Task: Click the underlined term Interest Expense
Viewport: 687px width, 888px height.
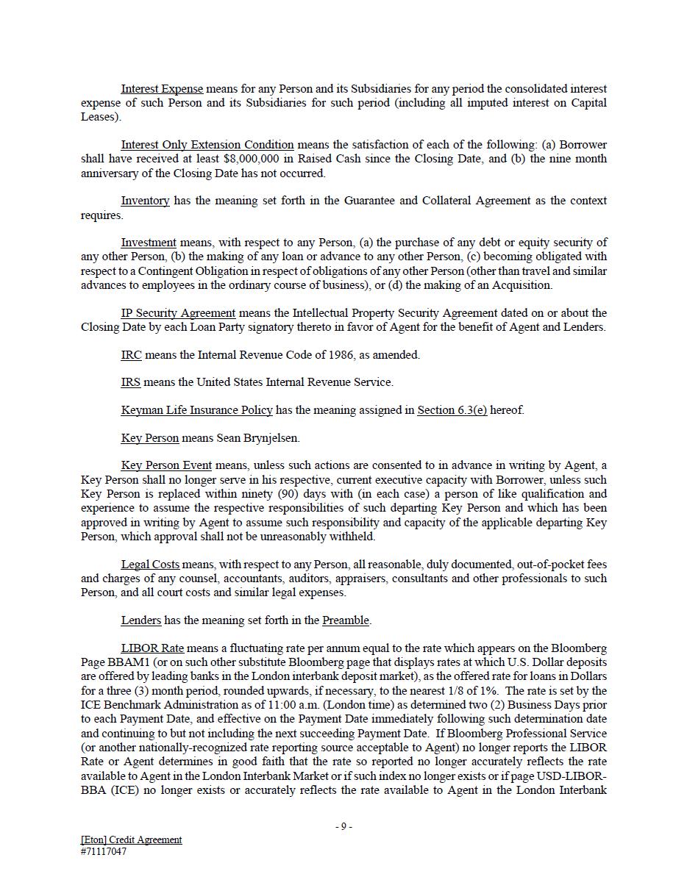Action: click(x=162, y=89)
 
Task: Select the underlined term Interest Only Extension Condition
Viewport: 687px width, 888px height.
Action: click(x=207, y=145)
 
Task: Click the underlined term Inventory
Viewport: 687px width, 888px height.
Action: click(x=145, y=201)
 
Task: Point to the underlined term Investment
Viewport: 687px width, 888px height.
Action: click(x=149, y=243)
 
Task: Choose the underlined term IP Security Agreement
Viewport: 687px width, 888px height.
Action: click(x=178, y=313)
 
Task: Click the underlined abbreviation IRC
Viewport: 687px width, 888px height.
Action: click(x=131, y=355)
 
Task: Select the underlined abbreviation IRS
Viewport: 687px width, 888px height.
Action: click(x=131, y=382)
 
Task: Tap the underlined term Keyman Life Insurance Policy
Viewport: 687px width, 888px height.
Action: click(x=196, y=410)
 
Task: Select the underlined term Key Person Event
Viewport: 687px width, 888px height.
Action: click(x=166, y=465)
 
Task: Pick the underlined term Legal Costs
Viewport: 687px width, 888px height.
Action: click(x=150, y=565)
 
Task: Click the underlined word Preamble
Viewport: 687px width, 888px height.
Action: click(x=346, y=620)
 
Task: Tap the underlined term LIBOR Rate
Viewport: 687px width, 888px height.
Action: click(x=152, y=648)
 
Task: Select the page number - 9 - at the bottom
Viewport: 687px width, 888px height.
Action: click(x=343, y=826)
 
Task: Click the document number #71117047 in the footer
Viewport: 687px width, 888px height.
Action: click(x=104, y=852)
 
